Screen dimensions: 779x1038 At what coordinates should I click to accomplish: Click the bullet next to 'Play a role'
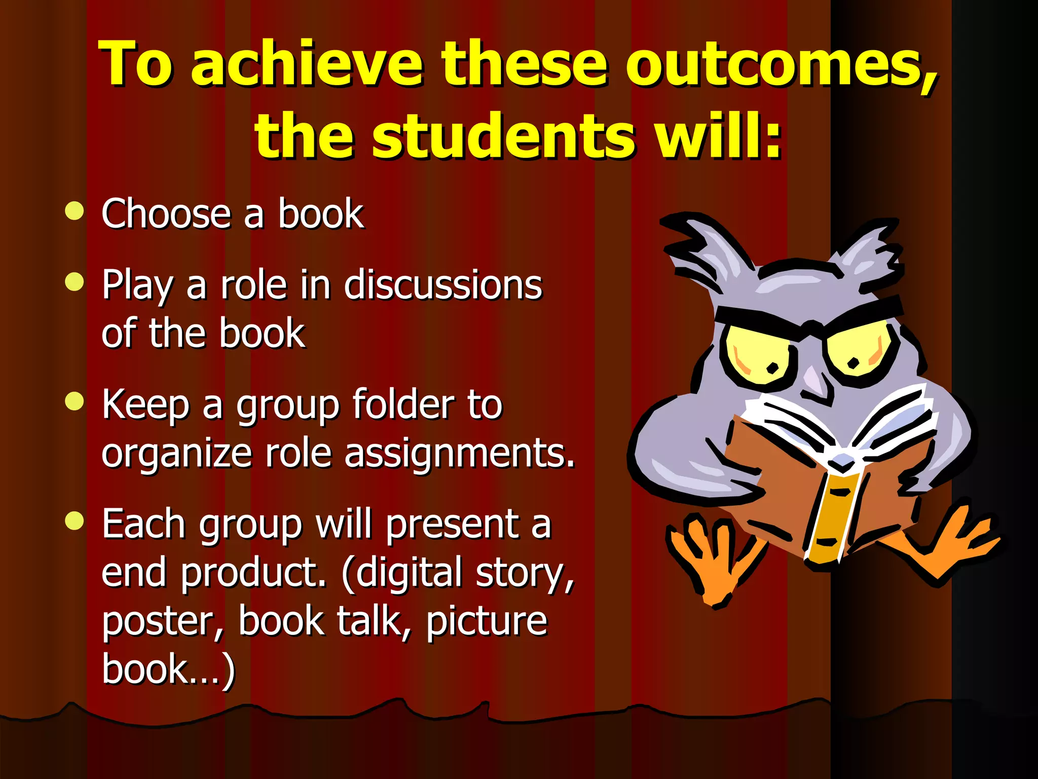click(75, 282)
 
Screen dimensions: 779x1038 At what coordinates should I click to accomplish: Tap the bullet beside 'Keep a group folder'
click(75, 402)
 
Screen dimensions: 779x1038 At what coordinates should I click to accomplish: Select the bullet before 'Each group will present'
click(75, 521)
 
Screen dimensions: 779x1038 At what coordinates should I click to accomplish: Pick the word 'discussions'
click(443, 285)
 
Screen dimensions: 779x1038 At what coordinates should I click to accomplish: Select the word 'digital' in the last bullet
click(408, 572)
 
